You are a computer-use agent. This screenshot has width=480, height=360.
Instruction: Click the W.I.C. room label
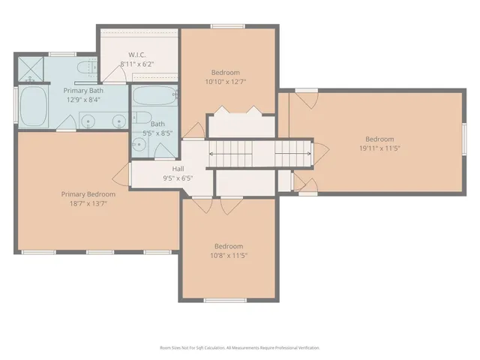(136, 55)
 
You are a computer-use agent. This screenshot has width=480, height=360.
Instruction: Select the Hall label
(178, 169)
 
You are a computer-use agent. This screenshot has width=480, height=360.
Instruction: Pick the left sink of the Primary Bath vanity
(88, 121)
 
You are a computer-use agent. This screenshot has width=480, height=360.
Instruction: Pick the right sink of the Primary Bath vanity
(118, 121)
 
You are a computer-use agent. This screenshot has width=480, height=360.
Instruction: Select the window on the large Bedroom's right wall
(464, 139)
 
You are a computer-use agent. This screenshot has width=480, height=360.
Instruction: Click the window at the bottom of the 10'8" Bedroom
(225, 301)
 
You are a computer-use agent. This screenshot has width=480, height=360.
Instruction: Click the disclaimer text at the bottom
(240, 348)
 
